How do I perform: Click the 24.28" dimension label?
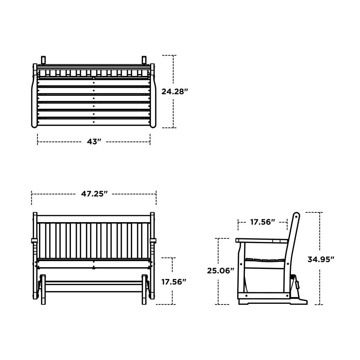coord(175,91)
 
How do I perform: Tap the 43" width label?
coord(94,142)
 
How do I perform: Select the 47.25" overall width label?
coord(94,194)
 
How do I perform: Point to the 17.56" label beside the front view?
coord(174,282)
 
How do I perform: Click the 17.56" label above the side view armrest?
coord(262,222)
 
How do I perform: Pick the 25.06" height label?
coord(220,271)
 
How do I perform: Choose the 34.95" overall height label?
coord(321,259)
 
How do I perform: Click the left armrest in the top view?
coord(35,97)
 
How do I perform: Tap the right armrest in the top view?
coord(153,97)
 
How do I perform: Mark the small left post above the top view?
coord(44,59)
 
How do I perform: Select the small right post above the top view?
coord(144,59)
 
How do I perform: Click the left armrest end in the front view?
coord(35,240)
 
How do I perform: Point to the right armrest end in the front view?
coord(153,240)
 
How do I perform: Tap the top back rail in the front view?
coord(94,219)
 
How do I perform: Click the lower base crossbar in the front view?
coord(94,288)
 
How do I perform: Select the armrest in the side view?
coord(261,240)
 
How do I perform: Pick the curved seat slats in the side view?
coord(265,260)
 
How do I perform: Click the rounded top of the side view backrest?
coord(296,216)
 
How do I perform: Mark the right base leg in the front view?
coord(144,290)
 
